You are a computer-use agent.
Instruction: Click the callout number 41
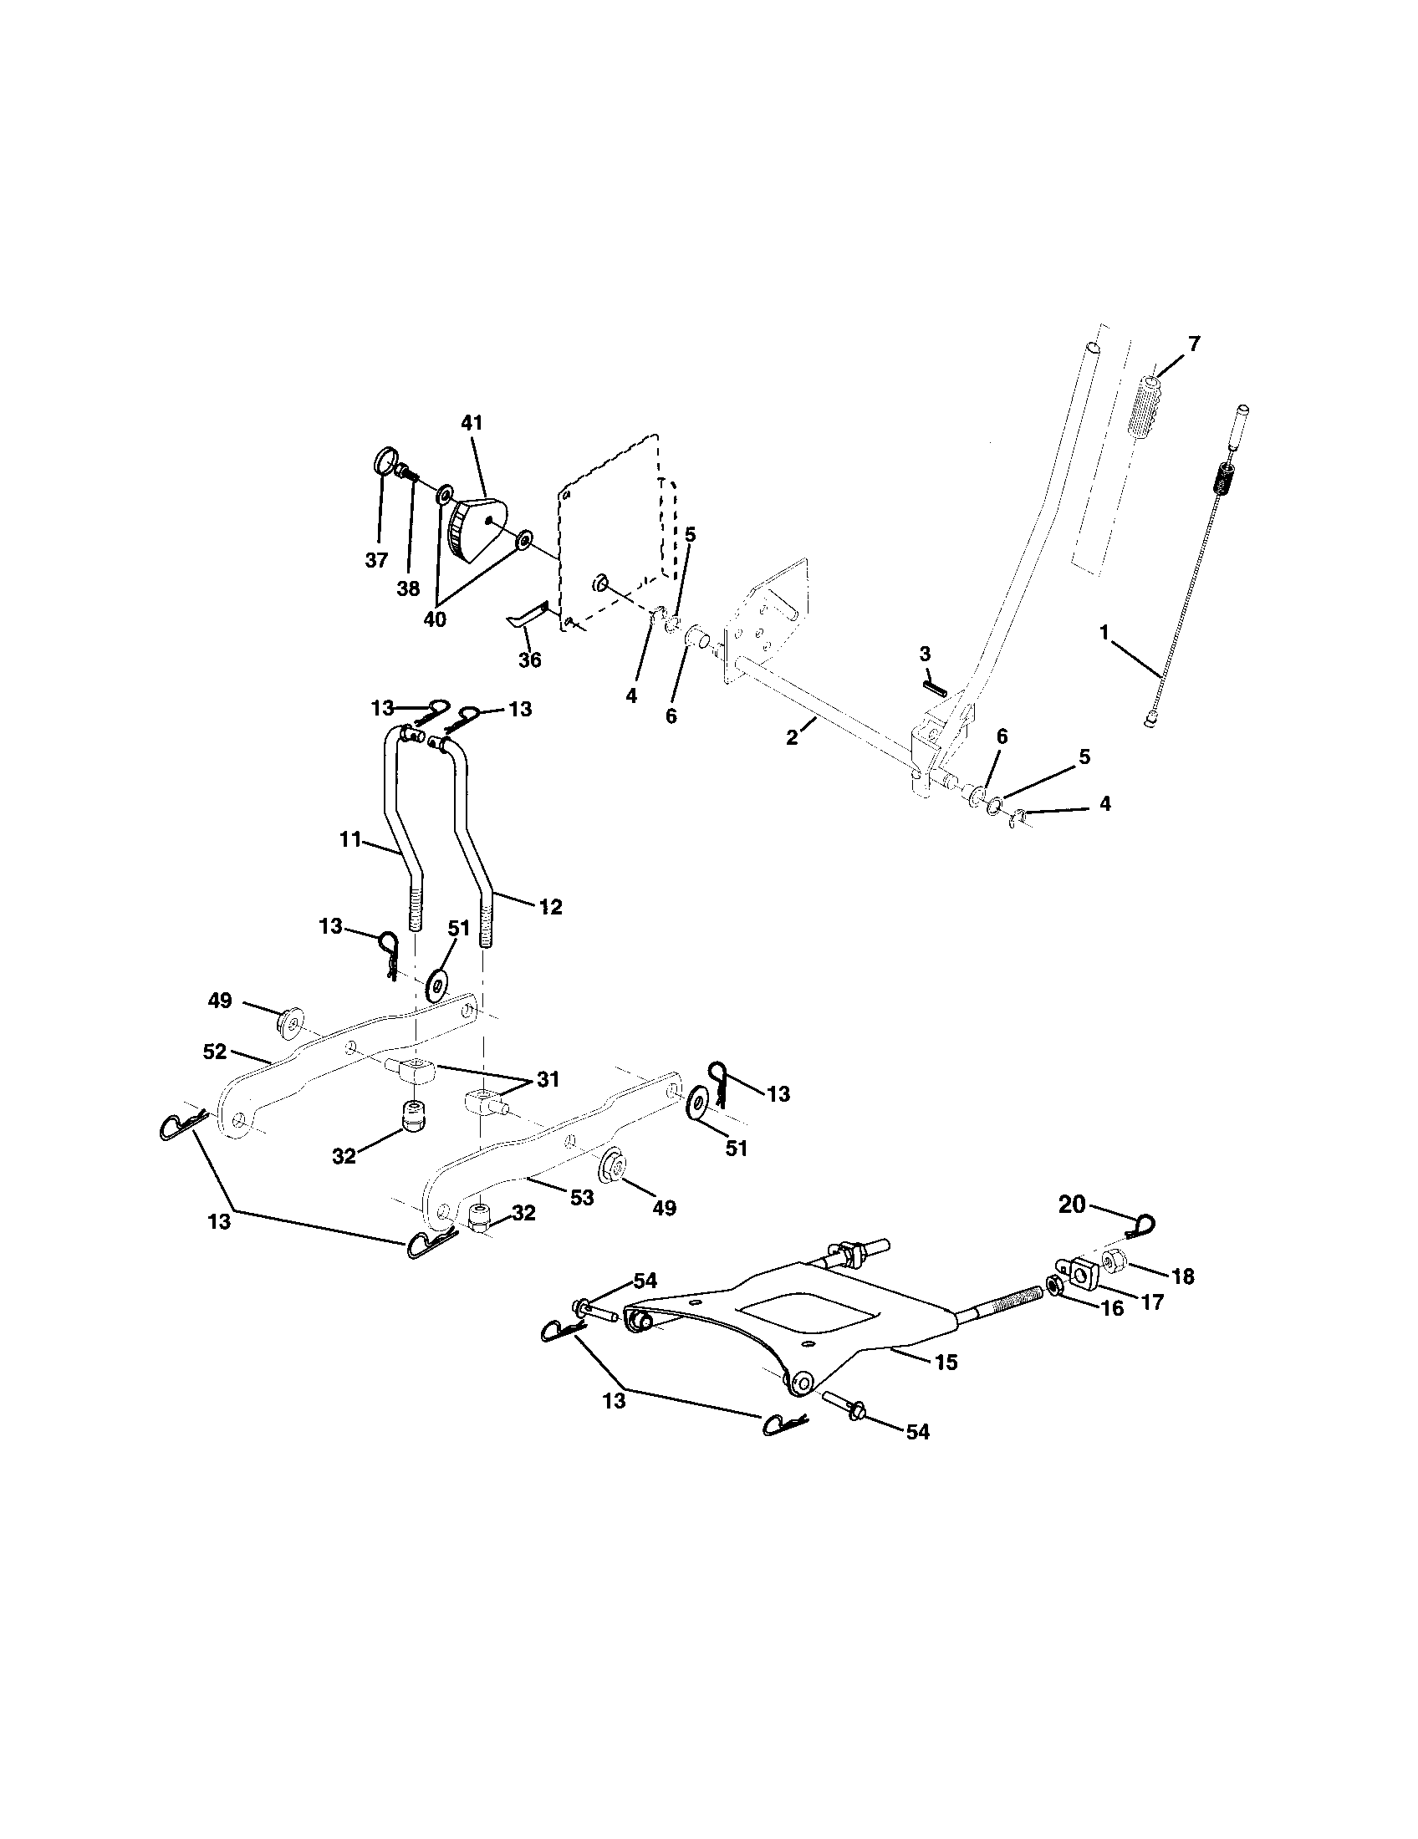click(472, 424)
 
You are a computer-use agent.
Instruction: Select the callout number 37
click(376, 560)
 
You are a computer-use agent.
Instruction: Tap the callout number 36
click(529, 660)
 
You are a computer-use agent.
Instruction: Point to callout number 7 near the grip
click(1194, 344)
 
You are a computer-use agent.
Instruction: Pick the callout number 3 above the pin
click(925, 654)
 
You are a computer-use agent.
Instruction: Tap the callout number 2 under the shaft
click(792, 737)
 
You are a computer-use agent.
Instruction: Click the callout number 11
click(350, 839)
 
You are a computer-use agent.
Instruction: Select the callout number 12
click(550, 908)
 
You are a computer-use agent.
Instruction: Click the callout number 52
click(217, 1052)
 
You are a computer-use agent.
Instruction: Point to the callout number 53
click(582, 1196)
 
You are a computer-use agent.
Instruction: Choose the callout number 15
click(946, 1363)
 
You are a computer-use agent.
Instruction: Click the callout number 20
click(1072, 1205)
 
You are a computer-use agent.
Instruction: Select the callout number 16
click(1112, 1309)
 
